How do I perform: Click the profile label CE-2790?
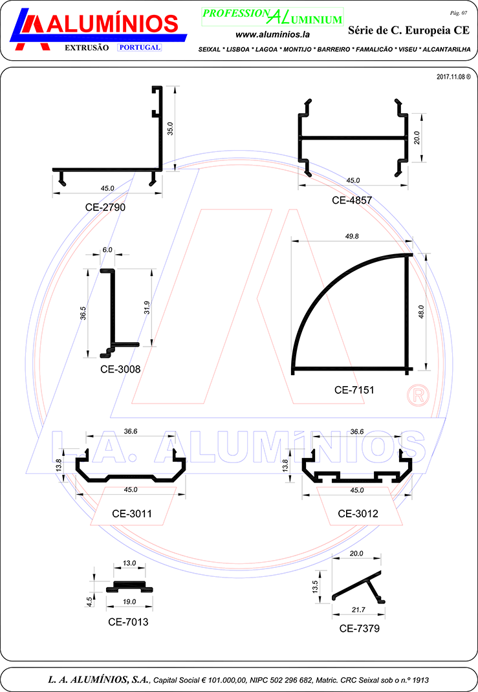point(105,208)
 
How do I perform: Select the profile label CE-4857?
point(352,200)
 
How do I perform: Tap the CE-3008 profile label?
point(120,369)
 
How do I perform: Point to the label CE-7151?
point(354,390)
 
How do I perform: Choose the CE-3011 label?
point(132,514)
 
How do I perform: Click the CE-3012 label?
point(358,514)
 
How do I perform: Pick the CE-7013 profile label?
point(128,622)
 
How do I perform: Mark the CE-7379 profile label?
point(359,629)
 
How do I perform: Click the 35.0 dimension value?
point(170,129)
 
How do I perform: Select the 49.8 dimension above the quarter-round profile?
point(352,237)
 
